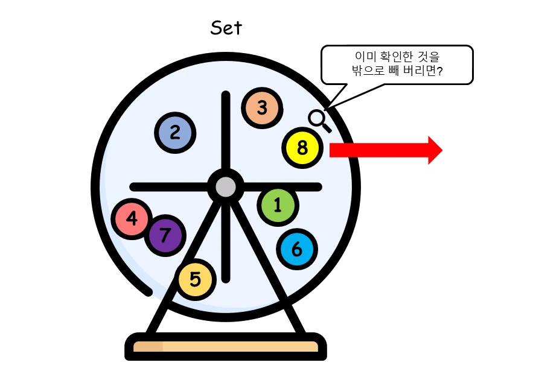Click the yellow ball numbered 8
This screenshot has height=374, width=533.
(x=302, y=148)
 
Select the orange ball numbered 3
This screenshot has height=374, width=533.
(x=262, y=108)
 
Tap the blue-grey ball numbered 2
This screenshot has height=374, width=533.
(x=175, y=132)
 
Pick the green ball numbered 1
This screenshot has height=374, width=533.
(x=278, y=205)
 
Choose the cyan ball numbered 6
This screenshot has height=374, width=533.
(x=297, y=249)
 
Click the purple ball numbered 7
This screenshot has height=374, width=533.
(x=165, y=235)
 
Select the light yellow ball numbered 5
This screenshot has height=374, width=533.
(x=196, y=279)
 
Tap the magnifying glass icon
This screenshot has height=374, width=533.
(x=319, y=119)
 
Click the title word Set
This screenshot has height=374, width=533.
(x=226, y=28)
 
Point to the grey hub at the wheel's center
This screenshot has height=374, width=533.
(x=226, y=187)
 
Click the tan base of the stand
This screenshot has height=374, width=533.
(x=226, y=347)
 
